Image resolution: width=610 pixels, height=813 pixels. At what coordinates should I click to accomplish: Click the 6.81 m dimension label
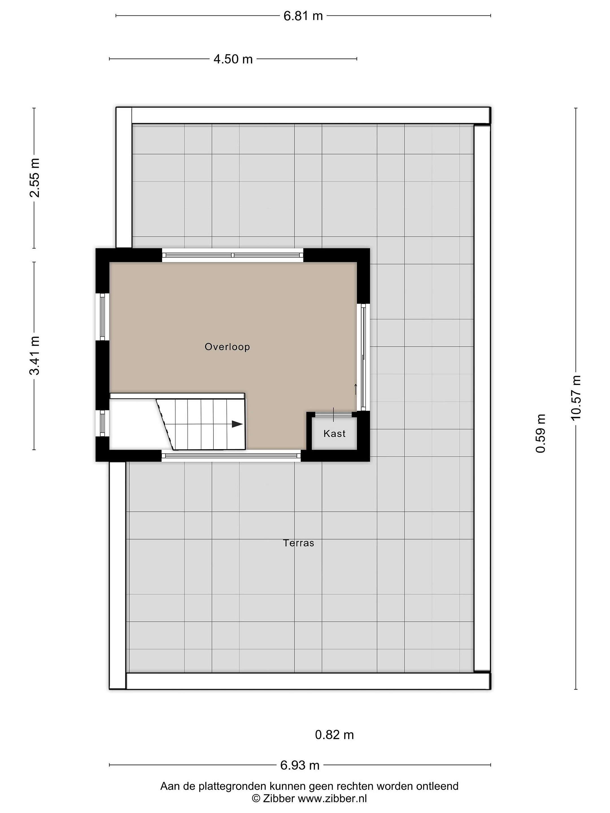click(303, 16)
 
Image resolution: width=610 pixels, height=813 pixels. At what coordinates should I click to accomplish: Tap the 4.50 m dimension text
click(233, 59)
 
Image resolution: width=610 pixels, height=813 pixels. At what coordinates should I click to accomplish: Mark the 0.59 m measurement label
click(541, 433)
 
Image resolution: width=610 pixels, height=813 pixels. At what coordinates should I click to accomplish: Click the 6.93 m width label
click(300, 765)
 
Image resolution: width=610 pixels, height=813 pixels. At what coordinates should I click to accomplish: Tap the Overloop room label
click(227, 347)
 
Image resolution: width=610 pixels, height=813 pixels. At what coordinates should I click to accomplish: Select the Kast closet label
click(335, 434)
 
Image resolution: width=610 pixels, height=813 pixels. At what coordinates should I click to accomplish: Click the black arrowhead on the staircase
click(238, 424)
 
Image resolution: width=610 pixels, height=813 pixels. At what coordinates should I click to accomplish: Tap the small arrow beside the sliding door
click(356, 389)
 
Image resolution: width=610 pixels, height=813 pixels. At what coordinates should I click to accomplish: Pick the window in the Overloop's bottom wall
click(231, 456)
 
